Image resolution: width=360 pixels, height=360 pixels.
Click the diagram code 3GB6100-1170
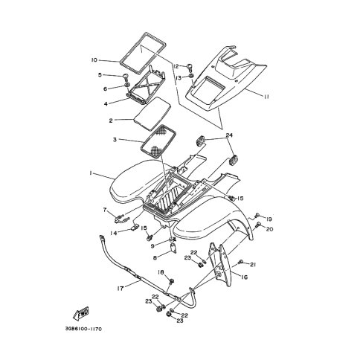(83, 330)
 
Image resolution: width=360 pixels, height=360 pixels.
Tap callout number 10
(94, 60)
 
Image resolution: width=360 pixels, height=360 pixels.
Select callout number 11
(266, 97)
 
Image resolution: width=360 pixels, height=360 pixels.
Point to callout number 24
(229, 135)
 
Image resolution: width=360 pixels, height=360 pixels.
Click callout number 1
(91, 174)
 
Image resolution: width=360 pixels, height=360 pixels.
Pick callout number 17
(120, 289)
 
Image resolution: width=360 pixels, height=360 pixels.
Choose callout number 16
(244, 277)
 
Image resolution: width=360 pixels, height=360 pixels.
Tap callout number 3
(115, 140)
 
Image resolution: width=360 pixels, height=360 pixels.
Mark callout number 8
(155, 258)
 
